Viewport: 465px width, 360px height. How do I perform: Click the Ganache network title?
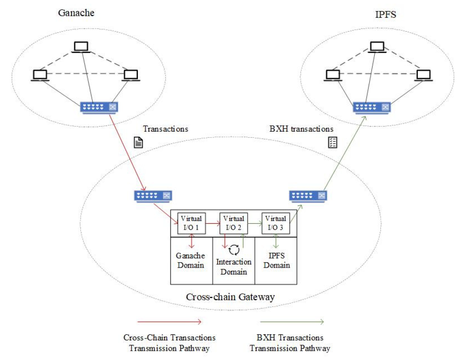[x=75, y=13]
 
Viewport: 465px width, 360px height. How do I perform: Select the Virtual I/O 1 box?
[x=191, y=223]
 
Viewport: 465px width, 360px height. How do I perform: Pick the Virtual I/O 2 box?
[x=233, y=223]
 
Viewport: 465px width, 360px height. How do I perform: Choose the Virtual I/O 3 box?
[x=276, y=223]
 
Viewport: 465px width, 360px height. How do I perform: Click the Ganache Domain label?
[x=190, y=261]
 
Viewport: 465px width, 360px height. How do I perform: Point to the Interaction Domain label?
[x=234, y=267]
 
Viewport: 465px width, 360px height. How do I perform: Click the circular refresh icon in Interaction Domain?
[x=234, y=249]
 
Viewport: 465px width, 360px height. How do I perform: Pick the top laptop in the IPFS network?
[x=376, y=47]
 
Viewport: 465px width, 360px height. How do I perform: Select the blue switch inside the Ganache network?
[x=100, y=107]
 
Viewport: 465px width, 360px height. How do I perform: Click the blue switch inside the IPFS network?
[x=372, y=107]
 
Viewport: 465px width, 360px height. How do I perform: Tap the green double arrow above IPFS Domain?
[x=276, y=241]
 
